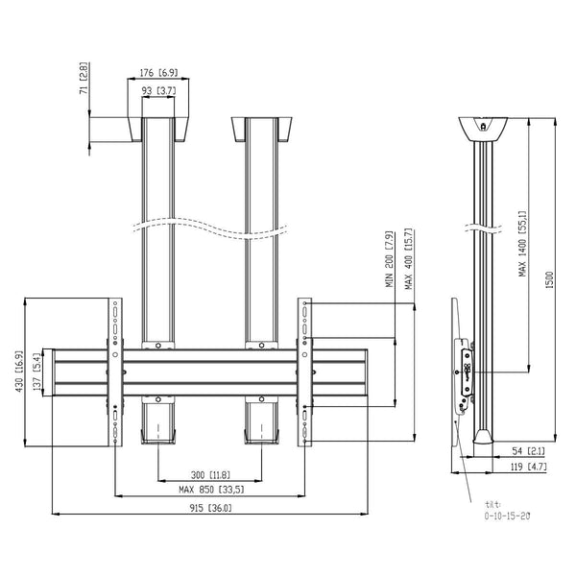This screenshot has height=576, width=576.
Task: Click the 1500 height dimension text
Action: coord(549,279)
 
